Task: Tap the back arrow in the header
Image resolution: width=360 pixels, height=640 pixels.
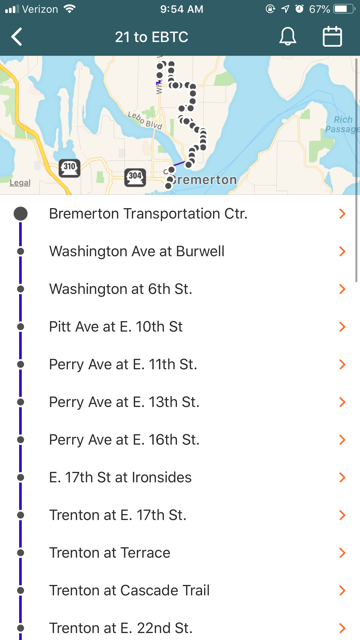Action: pos(17,37)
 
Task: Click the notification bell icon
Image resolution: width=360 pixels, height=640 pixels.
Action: pos(288,37)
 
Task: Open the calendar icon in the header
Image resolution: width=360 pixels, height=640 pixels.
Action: pos(332,37)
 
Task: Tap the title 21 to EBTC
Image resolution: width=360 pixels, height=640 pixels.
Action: pos(152,37)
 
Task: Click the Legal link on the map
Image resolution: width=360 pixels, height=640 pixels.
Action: pos(20,183)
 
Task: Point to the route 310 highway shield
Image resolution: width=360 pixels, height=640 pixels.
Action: pos(70,168)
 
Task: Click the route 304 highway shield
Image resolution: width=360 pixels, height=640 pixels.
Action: pos(135,177)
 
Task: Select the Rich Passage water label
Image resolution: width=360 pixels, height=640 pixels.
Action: pos(342,124)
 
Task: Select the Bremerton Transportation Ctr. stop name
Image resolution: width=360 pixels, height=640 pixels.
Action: pos(148,214)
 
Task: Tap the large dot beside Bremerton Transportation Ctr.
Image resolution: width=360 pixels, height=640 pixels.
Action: pos(21,214)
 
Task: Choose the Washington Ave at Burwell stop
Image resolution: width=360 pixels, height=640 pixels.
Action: pos(137,251)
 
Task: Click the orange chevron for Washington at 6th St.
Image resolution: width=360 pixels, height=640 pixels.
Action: pos(342,289)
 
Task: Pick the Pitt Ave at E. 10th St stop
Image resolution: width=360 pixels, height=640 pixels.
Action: pos(116,327)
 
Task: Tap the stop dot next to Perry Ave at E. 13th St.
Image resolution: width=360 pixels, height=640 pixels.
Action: pos(21,402)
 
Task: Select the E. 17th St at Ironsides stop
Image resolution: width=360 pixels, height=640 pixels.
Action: pos(120,477)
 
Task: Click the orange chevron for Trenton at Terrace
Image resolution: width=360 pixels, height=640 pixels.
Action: pos(342,553)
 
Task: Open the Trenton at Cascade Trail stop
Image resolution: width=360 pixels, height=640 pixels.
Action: pos(129,590)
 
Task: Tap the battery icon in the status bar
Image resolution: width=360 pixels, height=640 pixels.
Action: pos(344,9)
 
